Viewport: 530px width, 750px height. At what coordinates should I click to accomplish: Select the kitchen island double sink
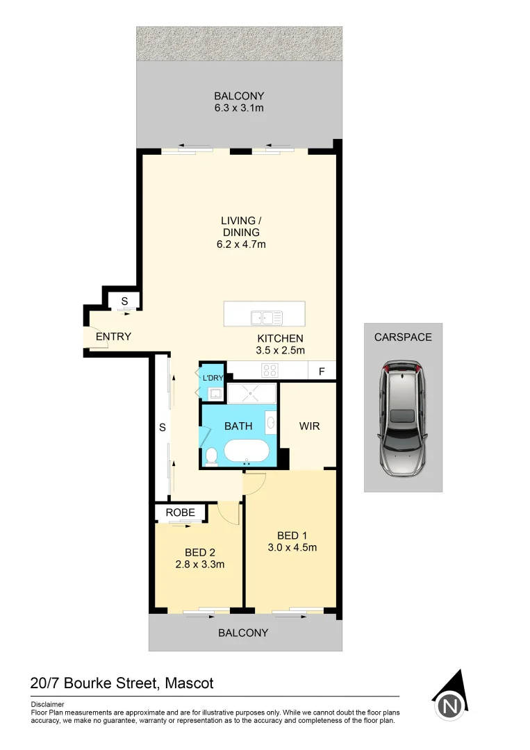[267, 318]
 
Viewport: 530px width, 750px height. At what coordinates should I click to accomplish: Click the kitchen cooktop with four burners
[270, 370]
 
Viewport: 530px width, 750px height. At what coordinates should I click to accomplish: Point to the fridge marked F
[322, 371]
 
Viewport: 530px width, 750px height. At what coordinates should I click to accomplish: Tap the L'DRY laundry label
[213, 378]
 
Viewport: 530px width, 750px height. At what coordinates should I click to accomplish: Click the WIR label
[309, 426]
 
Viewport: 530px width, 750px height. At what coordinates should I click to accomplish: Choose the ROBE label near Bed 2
[180, 512]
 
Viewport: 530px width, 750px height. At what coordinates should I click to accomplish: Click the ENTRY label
[113, 337]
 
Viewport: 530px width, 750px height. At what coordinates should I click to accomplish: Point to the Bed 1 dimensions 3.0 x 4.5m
[292, 547]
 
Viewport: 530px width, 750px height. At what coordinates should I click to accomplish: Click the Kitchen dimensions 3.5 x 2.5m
[280, 351]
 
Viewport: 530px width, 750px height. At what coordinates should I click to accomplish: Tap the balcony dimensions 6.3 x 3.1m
[239, 108]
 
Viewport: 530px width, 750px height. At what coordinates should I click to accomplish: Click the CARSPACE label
[403, 337]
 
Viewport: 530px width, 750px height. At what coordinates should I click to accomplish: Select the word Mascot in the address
[189, 683]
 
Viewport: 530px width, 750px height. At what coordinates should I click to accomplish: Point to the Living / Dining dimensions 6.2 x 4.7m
[241, 244]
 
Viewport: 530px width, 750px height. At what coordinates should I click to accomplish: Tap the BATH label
[238, 426]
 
